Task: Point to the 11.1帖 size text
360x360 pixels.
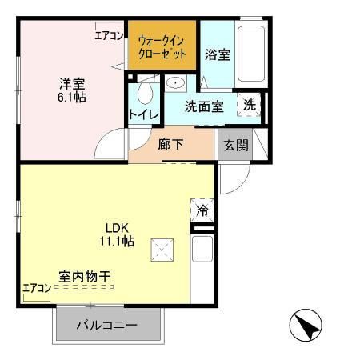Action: tap(116, 240)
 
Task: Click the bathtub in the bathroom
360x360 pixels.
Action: tap(250, 53)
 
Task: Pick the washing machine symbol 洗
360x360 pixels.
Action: tap(250, 106)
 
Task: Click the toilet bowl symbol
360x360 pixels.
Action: tap(144, 94)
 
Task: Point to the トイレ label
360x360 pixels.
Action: tap(144, 115)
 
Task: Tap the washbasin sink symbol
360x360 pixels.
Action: tap(175, 82)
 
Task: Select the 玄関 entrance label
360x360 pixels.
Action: tap(234, 146)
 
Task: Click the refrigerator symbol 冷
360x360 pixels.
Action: tap(202, 211)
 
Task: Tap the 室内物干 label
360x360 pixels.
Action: tap(83, 277)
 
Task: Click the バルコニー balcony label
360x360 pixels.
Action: tap(107, 326)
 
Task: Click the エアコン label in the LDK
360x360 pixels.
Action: tap(36, 288)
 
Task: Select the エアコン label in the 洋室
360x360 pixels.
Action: tap(108, 35)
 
